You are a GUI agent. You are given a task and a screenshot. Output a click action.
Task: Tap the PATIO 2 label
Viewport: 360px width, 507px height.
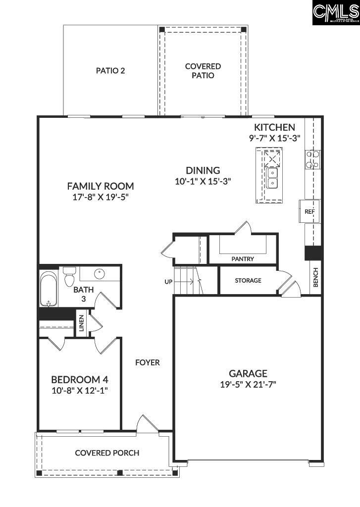click(x=110, y=70)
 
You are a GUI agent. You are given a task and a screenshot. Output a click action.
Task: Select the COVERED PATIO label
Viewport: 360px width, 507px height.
click(x=203, y=71)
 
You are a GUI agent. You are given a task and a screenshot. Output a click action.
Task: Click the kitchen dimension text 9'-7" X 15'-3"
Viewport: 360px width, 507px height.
click(x=275, y=139)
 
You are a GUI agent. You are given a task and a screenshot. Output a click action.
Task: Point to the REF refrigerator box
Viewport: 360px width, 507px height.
click(x=309, y=211)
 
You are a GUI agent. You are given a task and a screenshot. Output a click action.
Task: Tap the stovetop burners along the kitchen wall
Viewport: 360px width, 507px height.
click(x=312, y=159)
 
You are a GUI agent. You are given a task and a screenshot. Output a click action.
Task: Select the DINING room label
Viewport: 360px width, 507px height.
click(x=203, y=170)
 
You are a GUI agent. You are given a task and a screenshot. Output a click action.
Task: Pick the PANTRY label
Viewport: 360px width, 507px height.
click(x=243, y=259)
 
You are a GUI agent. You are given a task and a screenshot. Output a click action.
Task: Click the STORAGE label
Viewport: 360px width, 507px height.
click(x=248, y=280)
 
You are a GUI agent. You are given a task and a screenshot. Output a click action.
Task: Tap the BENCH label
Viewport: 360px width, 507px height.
click(x=315, y=278)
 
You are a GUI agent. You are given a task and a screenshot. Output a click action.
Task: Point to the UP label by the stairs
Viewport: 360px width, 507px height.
click(x=168, y=282)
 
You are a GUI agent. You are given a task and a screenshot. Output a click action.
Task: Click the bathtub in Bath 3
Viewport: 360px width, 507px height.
click(x=49, y=289)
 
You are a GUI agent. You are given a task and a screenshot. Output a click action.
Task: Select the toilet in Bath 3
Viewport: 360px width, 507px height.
click(x=68, y=276)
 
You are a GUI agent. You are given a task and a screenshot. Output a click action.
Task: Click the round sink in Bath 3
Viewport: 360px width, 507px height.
click(x=100, y=273)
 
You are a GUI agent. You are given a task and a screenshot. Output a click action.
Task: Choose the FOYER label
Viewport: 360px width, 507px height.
click(x=148, y=362)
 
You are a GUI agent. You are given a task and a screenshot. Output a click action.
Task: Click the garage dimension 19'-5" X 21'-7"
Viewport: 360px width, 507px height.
click(x=248, y=384)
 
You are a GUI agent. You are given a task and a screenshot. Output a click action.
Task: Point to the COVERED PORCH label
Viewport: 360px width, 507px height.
click(x=107, y=453)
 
